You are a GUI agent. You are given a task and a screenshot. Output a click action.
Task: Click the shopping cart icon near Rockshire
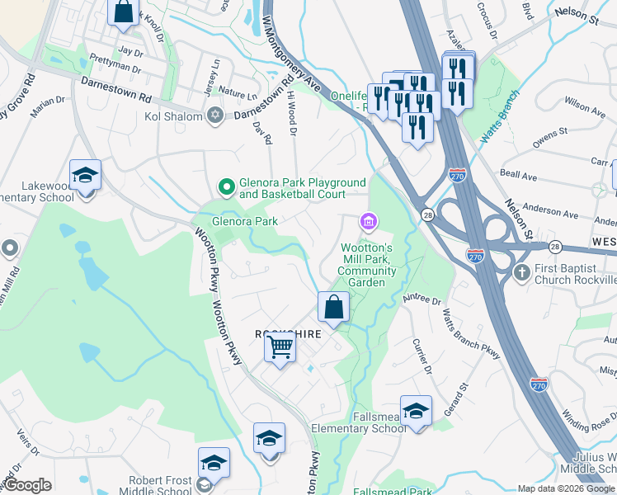tap(280, 348)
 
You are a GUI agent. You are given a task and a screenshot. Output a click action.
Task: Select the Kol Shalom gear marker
tap(215, 115)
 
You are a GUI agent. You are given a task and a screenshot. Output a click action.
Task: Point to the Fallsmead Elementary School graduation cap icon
tap(417, 410)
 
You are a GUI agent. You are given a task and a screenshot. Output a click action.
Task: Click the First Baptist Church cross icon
tap(521, 271)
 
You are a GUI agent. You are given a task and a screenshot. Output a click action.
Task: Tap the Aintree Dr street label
tap(422, 299)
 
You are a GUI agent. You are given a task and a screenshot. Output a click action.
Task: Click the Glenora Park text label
tap(245, 221)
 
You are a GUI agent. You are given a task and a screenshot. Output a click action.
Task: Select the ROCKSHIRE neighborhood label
tap(287, 333)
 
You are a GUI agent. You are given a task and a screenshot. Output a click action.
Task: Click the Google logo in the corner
tap(28, 485)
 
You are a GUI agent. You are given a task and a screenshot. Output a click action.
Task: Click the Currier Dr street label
tap(423, 356)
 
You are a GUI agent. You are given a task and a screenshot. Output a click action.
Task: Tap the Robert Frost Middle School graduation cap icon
tap(214, 464)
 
